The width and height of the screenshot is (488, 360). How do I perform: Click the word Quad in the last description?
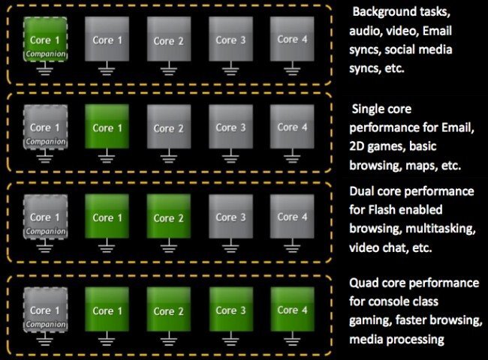pyautogui.click(x=366, y=283)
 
